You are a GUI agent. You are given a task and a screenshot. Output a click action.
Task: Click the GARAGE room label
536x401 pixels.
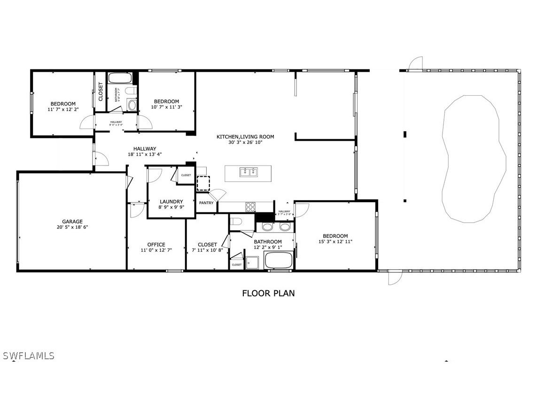pyautogui.click(x=72, y=221)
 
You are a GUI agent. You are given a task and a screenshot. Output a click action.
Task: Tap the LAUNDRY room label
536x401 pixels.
pyautogui.click(x=171, y=202)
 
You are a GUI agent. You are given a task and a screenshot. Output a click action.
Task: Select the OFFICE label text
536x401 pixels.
pyautogui.click(x=156, y=244)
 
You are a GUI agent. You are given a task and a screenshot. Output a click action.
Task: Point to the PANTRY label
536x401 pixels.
pyautogui.click(x=206, y=203)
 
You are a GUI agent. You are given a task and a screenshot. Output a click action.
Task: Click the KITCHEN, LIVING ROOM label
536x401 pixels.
pyautogui.click(x=245, y=137)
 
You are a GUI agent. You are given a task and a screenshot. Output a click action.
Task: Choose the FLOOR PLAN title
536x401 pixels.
pyautogui.click(x=268, y=293)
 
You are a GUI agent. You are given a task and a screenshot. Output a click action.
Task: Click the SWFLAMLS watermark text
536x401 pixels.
pyautogui.click(x=28, y=356)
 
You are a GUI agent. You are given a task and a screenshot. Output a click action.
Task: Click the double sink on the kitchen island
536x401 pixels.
pyautogui.click(x=248, y=172)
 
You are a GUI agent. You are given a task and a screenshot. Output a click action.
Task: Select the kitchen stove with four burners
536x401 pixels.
pyautogui.click(x=250, y=206)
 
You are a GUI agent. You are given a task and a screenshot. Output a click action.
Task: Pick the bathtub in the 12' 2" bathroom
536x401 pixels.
pyautogui.click(x=279, y=260)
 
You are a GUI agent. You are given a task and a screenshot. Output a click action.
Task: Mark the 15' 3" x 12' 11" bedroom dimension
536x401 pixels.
pyautogui.click(x=335, y=242)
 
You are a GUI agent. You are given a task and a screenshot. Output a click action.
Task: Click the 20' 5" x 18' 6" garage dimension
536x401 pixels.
pyautogui.click(x=72, y=227)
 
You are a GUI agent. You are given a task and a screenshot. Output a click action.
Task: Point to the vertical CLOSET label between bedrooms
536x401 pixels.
pyautogui.click(x=101, y=92)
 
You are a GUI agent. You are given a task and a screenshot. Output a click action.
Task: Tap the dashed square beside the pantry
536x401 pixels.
pyautogui.click(x=203, y=182)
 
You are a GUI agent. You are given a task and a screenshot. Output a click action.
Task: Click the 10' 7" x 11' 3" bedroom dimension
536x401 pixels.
pyautogui.click(x=166, y=107)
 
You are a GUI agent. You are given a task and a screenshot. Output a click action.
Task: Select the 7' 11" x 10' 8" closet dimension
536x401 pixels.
pyautogui.click(x=207, y=250)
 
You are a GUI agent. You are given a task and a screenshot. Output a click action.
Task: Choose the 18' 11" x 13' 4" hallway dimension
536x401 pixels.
pyautogui.click(x=144, y=154)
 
